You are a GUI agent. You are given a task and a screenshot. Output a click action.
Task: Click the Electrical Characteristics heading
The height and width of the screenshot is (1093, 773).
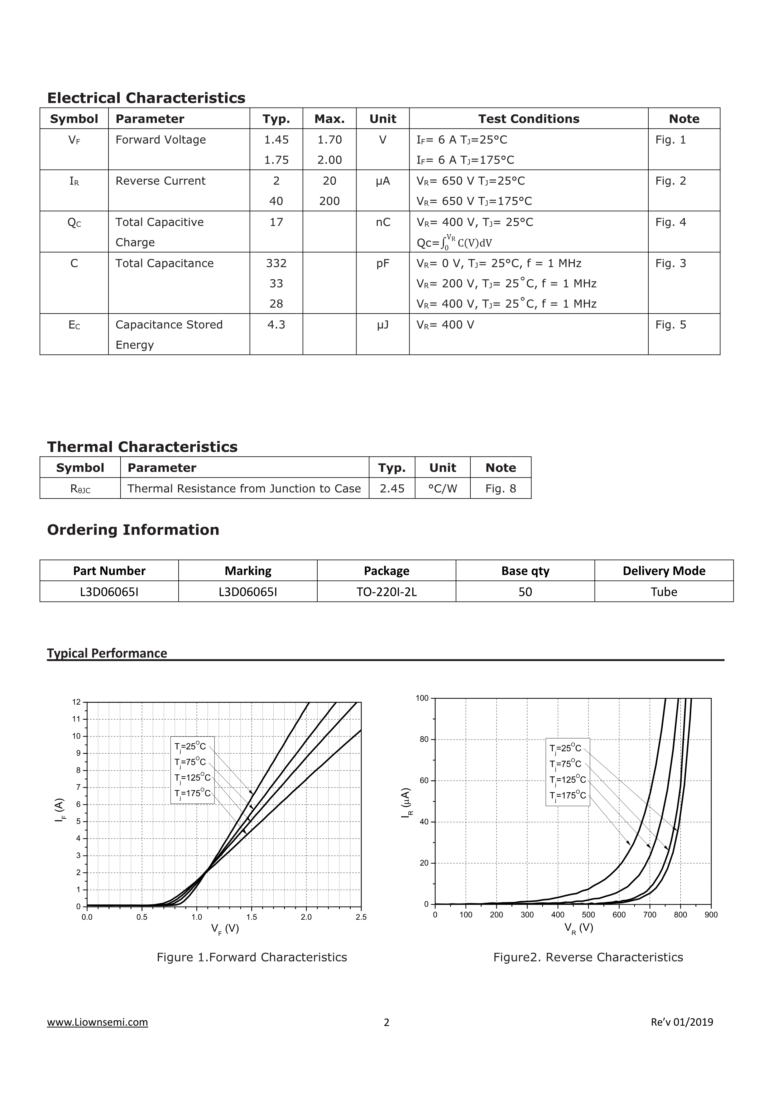[146, 98]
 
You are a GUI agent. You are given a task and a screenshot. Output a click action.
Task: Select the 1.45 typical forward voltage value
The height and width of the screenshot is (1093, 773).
[276, 140]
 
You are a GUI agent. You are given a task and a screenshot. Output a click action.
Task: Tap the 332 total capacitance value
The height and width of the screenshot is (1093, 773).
[276, 263]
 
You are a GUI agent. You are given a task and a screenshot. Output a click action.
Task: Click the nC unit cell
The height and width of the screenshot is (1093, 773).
[383, 222]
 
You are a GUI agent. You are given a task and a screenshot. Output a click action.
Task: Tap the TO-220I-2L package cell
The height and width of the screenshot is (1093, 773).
[386, 592]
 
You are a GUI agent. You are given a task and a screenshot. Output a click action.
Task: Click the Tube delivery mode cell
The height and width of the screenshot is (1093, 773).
[664, 592]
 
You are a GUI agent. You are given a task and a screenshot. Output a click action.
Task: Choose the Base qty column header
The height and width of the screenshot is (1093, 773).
[525, 571]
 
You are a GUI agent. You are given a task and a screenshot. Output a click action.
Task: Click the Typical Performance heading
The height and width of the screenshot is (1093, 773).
[107, 653]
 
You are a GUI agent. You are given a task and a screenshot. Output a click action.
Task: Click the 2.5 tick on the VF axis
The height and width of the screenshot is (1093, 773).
[361, 917]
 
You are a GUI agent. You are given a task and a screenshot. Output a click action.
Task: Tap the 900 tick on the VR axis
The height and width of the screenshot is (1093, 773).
[711, 914]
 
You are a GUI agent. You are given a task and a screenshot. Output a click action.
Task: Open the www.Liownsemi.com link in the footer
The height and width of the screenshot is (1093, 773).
[98, 1022]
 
